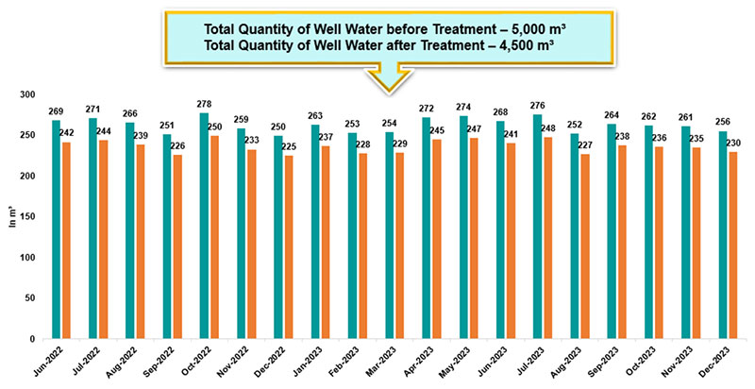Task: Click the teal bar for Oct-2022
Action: click(204, 227)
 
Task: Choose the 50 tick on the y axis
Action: click(30, 298)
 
